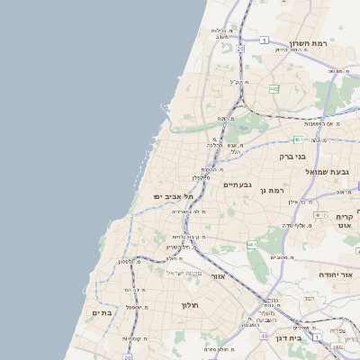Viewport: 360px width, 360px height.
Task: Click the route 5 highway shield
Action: pos(264,40)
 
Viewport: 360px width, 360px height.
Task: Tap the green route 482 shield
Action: pos(274,88)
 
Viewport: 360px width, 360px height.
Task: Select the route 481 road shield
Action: pos(298,139)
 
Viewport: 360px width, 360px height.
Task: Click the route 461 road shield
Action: pos(253,244)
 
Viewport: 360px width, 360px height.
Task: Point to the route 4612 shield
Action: pos(321,215)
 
